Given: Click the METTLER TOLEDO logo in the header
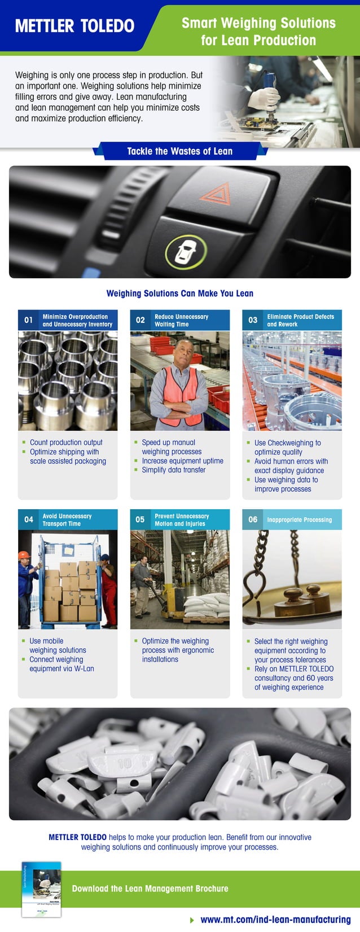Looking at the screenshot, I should tap(74, 26).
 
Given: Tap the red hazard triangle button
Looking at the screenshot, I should tap(215, 194).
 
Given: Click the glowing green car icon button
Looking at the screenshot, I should tap(185, 252).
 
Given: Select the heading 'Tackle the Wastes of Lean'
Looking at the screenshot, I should tap(179, 151).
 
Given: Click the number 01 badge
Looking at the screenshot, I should tap(28, 320).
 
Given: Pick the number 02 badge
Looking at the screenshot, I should tap(141, 320).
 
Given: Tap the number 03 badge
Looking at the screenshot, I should tap(253, 320).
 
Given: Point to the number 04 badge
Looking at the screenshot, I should tap(28, 519).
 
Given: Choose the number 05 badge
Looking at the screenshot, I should tap(141, 519).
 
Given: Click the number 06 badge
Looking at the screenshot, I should tap(253, 519).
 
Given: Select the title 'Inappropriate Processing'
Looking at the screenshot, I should tap(300, 520).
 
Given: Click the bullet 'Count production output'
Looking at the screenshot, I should tap(66, 443).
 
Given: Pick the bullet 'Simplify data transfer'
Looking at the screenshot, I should tap(173, 470).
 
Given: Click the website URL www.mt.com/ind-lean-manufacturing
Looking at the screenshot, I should tap(275, 920).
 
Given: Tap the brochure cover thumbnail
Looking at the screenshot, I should tap(41, 889).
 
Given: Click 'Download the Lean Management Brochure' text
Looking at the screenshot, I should tap(150, 889).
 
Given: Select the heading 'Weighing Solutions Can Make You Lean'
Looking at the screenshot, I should tap(180, 294).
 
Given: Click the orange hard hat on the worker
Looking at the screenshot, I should tap(23, 555).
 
